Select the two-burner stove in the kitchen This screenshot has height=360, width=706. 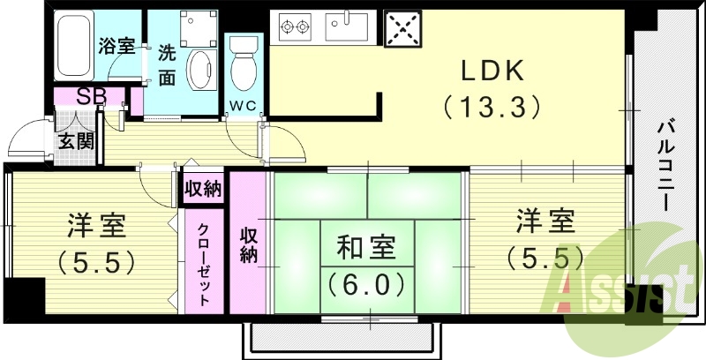point(296,27)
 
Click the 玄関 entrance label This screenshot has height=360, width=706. point(76,139)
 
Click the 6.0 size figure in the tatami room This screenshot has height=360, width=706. point(365,284)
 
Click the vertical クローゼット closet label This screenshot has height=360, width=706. point(204,263)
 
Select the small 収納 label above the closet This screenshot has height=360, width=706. point(204,189)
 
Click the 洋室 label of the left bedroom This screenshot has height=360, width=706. point(97,225)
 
